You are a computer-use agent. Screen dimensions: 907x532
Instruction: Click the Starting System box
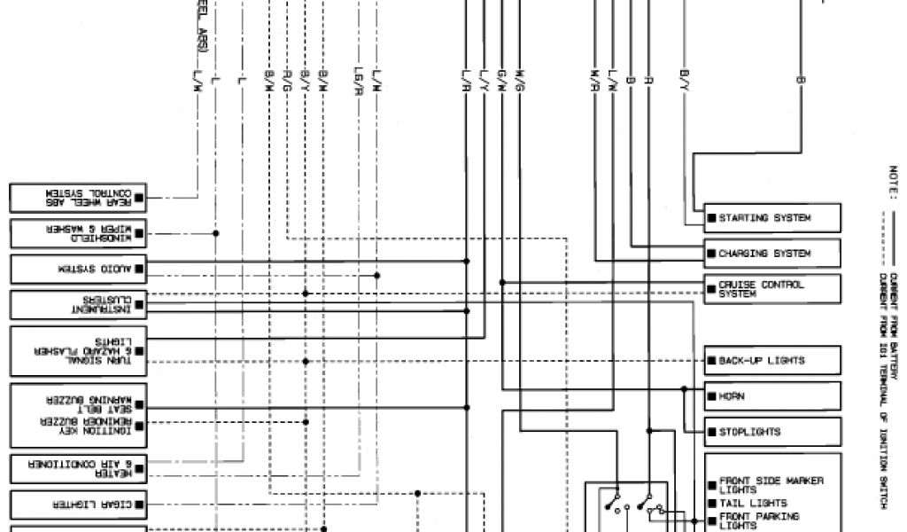point(772,218)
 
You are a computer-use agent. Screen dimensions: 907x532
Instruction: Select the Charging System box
point(772,254)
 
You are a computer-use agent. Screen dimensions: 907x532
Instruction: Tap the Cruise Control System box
point(772,289)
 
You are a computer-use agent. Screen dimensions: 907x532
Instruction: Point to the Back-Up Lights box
point(772,361)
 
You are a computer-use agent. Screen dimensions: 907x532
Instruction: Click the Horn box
point(772,395)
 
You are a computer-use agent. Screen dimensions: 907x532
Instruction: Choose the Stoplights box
point(772,432)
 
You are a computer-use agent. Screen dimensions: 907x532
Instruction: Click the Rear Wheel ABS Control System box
point(79,197)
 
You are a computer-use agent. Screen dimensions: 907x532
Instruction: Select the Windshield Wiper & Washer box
point(79,233)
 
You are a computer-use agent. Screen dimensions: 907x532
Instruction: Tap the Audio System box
point(79,268)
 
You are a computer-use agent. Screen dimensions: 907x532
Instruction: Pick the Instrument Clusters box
point(79,304)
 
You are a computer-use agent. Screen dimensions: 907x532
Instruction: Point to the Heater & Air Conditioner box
point(79,468)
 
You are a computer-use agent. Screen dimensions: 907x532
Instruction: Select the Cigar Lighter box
point(79,505)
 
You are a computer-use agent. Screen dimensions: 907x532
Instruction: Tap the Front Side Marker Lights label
point(771,485)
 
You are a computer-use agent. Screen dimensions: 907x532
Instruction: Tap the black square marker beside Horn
point(711,396)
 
